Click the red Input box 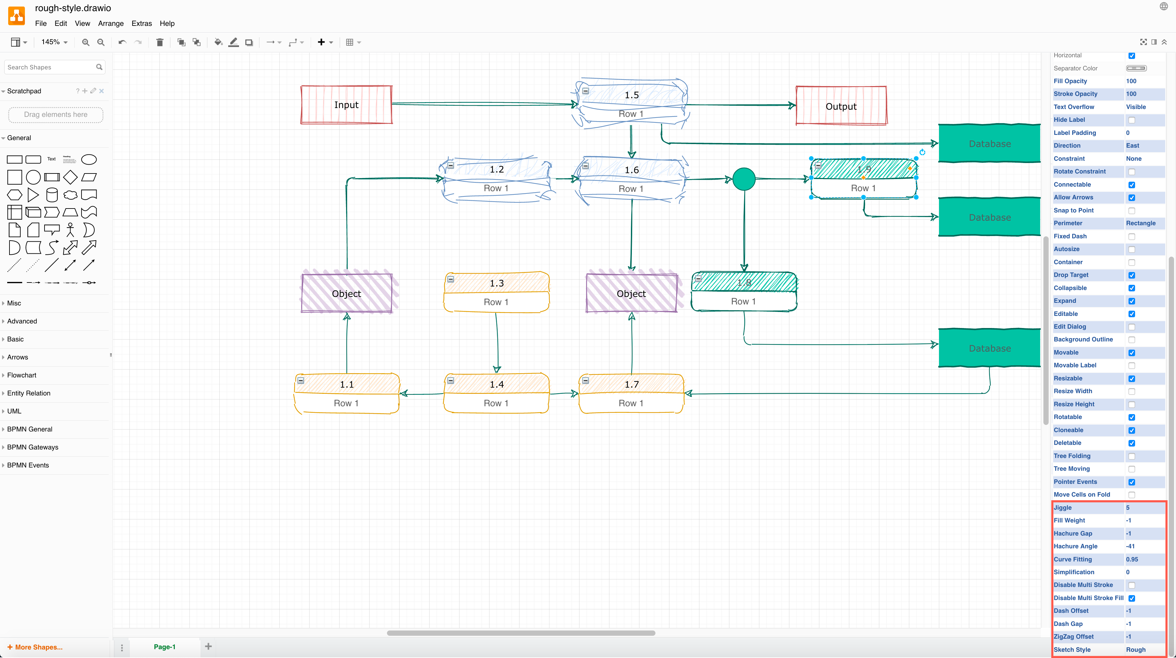[346, 104]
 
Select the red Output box [841, 106]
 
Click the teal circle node [744, 179]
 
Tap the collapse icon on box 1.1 [301, 380]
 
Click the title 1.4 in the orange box [496, 384]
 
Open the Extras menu [141, 23]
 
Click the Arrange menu [110, 23]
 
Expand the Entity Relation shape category [29, 393]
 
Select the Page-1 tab [164, 647]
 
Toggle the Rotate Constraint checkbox [1131, 172]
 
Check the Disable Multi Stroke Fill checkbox [1131, 598]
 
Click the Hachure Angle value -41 [1130, 546]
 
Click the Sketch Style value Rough [1135, 650]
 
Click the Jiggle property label [1063, 507]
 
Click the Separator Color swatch [1136, 68]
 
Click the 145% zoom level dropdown [54, 42]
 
